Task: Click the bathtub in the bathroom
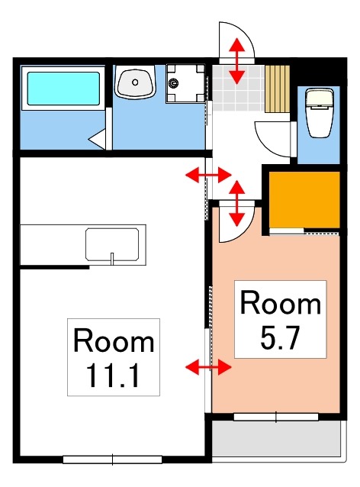(x=64, y=89)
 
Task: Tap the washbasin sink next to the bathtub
(x=136, y=82)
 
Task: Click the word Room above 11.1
(x=113, y=340)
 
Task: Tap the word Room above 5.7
(x=280, y=303)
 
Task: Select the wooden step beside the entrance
(x=278, y=88)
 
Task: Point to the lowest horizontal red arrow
(x=208, y=368)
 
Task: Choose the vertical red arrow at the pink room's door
(x=237, y=202)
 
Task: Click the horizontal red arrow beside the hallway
(x=208, y=176)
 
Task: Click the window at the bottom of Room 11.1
(x=112, y=459)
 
